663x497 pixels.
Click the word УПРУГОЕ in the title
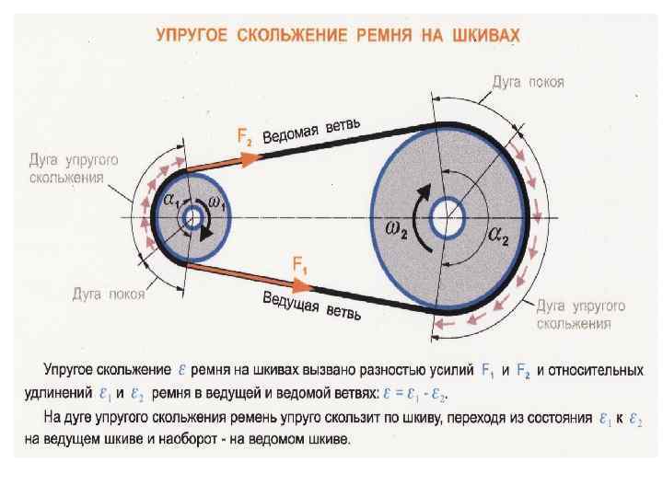[x=193, y=36]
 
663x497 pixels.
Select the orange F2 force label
[x=246, y=137]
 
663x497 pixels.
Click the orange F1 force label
[x=299, y=264]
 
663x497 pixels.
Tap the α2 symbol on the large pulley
[x=499, y=237]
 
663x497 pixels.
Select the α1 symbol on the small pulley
[x=171, y=200]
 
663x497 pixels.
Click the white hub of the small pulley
[x=192, y=218]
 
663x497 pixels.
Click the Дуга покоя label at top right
[x=529, y=82]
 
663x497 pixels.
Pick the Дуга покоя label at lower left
[x=108, y=295]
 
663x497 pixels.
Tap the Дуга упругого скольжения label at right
[x=580, y=313]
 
